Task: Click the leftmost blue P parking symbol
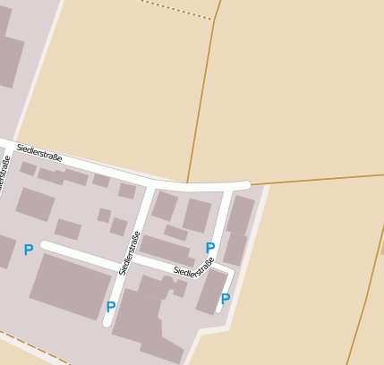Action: (x=29, y=250)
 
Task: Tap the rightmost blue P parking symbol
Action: (x=226, y=299)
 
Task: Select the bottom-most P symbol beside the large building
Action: (x=111, y=308)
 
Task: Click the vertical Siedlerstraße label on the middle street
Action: (x=129, y=253)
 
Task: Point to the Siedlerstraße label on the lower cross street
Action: (x=194, y=267)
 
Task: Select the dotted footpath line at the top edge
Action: (x=179, y=9)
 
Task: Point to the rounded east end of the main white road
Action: (x=244, y=185)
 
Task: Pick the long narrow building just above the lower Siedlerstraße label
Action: (x=165, y=250)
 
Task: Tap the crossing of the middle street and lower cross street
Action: (x=122, y=267)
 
